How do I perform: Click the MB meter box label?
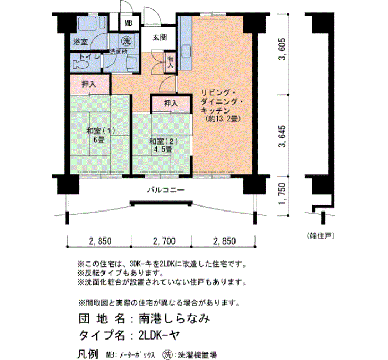pos(129,23)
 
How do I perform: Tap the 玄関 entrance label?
pos(160,38)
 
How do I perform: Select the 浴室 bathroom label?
pos(80,42)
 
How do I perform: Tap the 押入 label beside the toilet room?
pos(89,84)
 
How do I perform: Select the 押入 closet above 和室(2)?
pos(171,103)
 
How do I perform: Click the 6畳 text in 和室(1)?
pos(99,140)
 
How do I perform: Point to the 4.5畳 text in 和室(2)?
pos(163,149)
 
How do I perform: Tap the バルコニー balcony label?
pos(166,190)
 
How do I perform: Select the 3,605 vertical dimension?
pos(282,49)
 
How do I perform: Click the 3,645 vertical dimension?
pos(282,136)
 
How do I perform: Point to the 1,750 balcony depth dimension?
pos(282,194)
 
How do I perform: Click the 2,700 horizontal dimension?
pos(164,241)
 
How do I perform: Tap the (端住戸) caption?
pos(320,236)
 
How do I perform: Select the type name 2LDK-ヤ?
pos(159,335)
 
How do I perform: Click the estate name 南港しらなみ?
pos(174,318)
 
